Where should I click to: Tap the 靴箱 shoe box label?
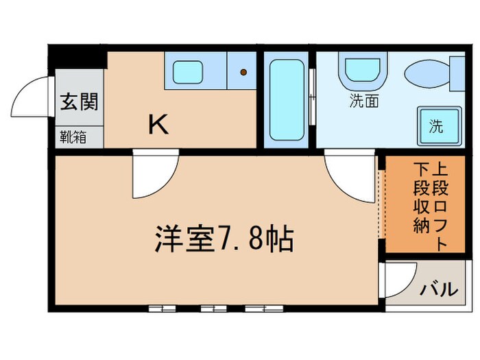coord(72,136)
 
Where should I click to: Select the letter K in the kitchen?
coord(158,124)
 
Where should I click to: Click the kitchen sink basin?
coord(186,72)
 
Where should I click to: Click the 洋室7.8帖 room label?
coord(223,240)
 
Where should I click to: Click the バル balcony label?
coord(439,289)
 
